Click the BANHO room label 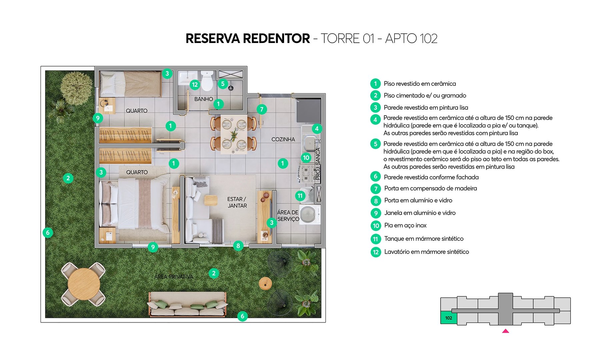coord(203,99)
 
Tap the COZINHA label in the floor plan coord(283,139)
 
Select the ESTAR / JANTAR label coord(237,202)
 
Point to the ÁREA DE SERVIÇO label coord(288,216)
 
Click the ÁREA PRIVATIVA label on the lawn coord(174,277)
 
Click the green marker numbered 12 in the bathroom coord(195,85)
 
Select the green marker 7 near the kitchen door coord(262,109)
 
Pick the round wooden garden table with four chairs coord(84,284)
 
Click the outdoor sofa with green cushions coord(187,304)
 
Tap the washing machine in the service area coord(309,215)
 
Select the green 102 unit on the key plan coord(449,318)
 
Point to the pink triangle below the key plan coord(505,331)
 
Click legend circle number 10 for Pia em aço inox coord(376,226)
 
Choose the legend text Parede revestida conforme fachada coord(431,177)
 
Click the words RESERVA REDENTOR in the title coord(248,39)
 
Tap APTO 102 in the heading coord(411,39)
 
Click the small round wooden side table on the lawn coord(265,284)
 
